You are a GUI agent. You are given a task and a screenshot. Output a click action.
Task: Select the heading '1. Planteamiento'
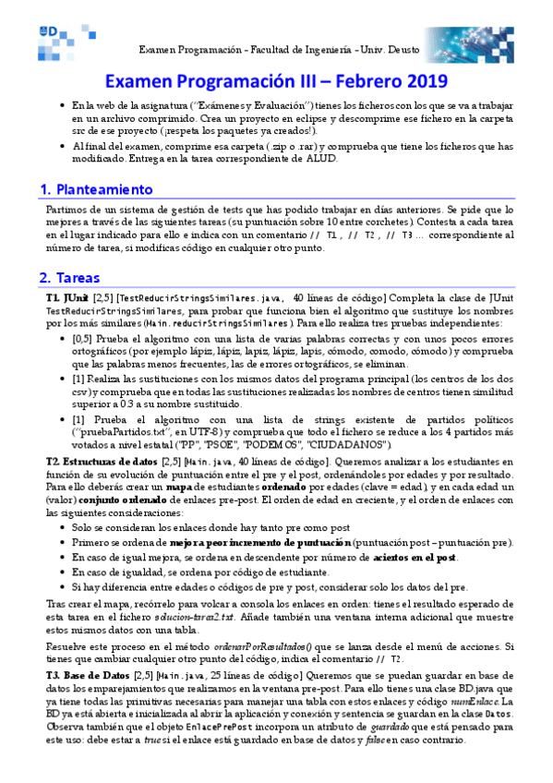95,189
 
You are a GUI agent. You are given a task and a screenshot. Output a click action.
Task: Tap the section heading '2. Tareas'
70,277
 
